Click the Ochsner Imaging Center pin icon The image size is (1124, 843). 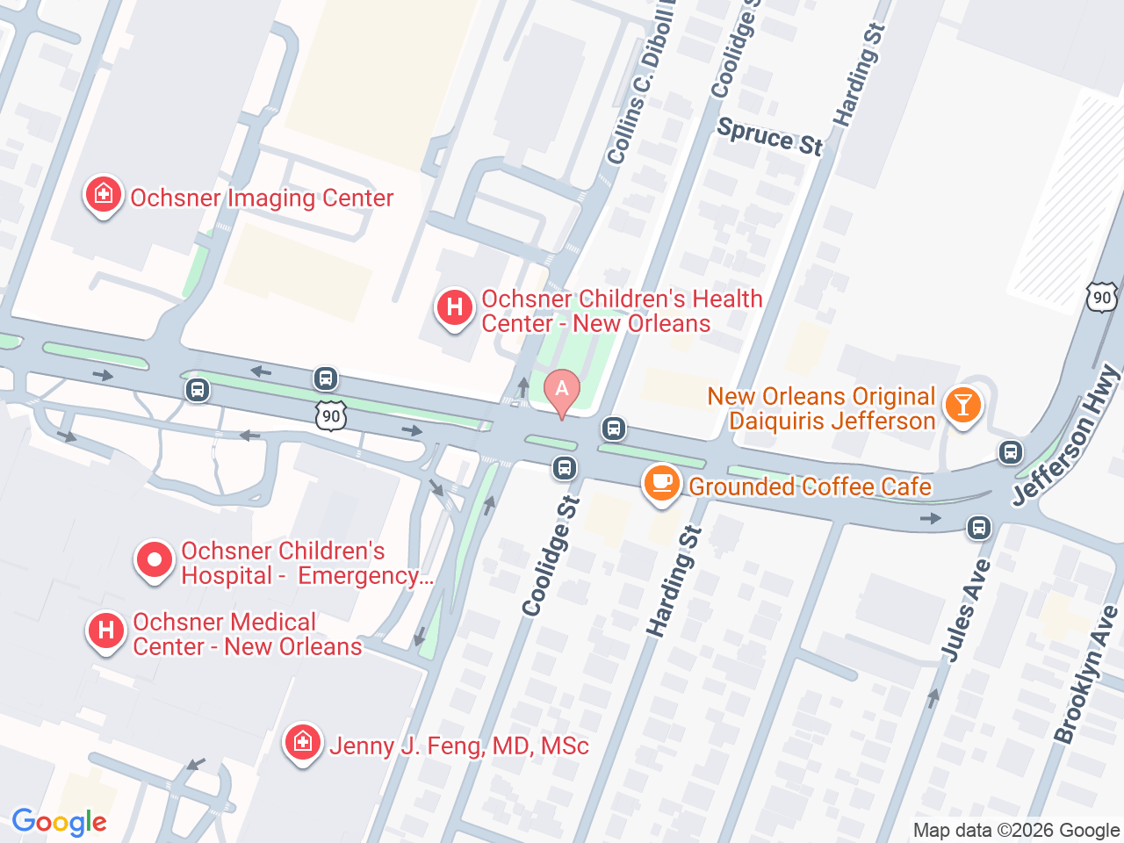103,195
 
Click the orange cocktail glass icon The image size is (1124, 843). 962,406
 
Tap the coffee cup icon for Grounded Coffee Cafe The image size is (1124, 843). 662,484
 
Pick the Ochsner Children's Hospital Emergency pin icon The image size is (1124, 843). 155,560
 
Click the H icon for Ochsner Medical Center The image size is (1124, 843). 106,631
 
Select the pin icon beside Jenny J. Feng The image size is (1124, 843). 302,743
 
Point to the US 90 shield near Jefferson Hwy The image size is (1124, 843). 1101,298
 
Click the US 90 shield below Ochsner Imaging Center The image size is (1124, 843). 331,415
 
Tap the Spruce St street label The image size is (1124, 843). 770,136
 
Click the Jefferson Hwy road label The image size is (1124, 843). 1066,436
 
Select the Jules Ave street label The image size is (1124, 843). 966,610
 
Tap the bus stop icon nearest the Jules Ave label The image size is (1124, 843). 979,528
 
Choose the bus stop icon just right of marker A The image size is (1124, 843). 613,429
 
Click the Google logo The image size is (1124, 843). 59,822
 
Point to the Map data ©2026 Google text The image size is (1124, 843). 1016,830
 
